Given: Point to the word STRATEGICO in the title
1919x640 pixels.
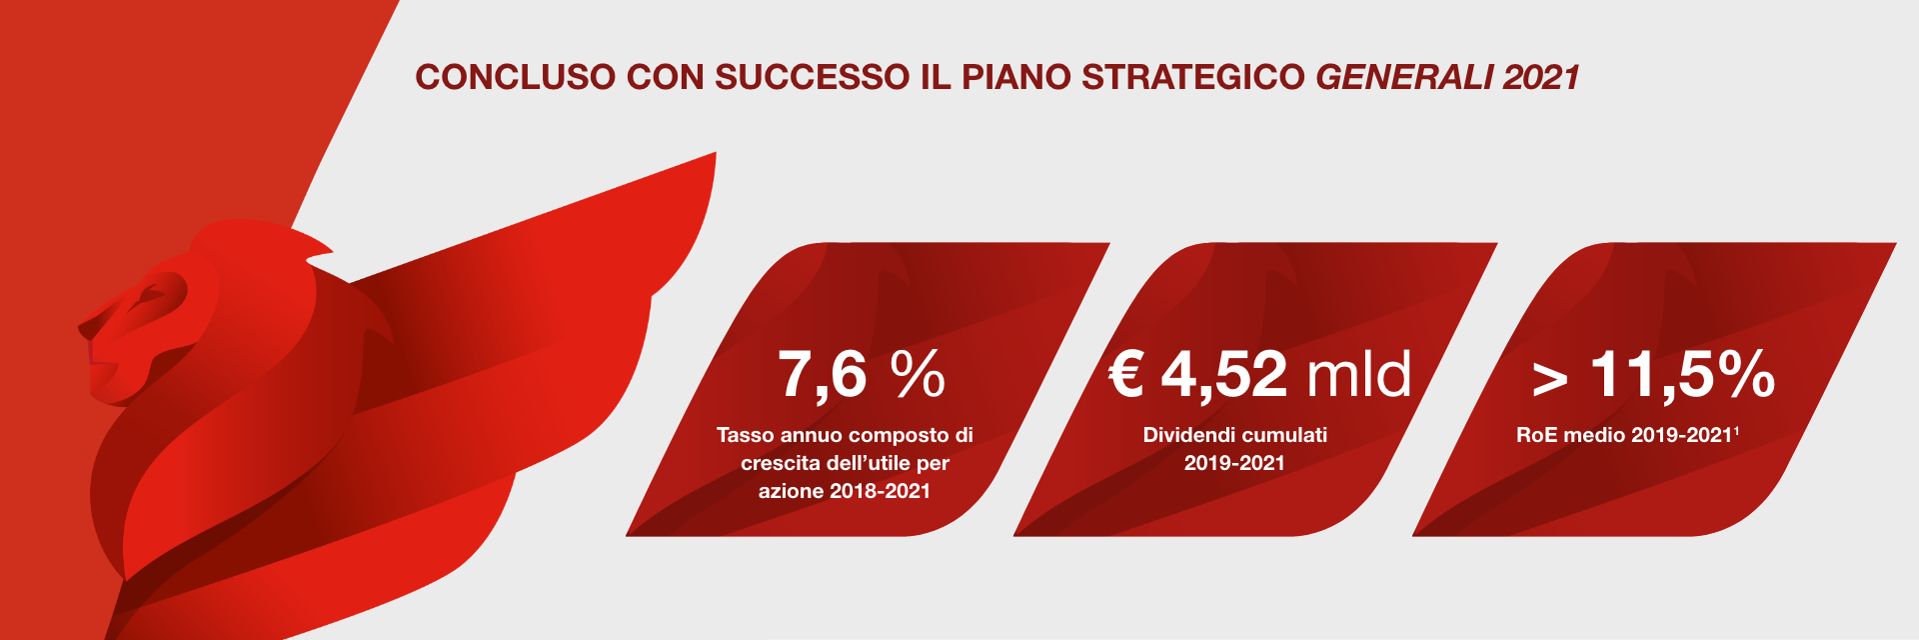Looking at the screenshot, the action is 1193,78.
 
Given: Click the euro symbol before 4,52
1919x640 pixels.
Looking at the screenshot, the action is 1126,374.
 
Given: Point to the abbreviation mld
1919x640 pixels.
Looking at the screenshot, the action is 1359,373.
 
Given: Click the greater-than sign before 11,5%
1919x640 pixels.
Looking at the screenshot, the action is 1550,379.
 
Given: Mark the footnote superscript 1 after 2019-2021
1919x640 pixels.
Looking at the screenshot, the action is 1736,430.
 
